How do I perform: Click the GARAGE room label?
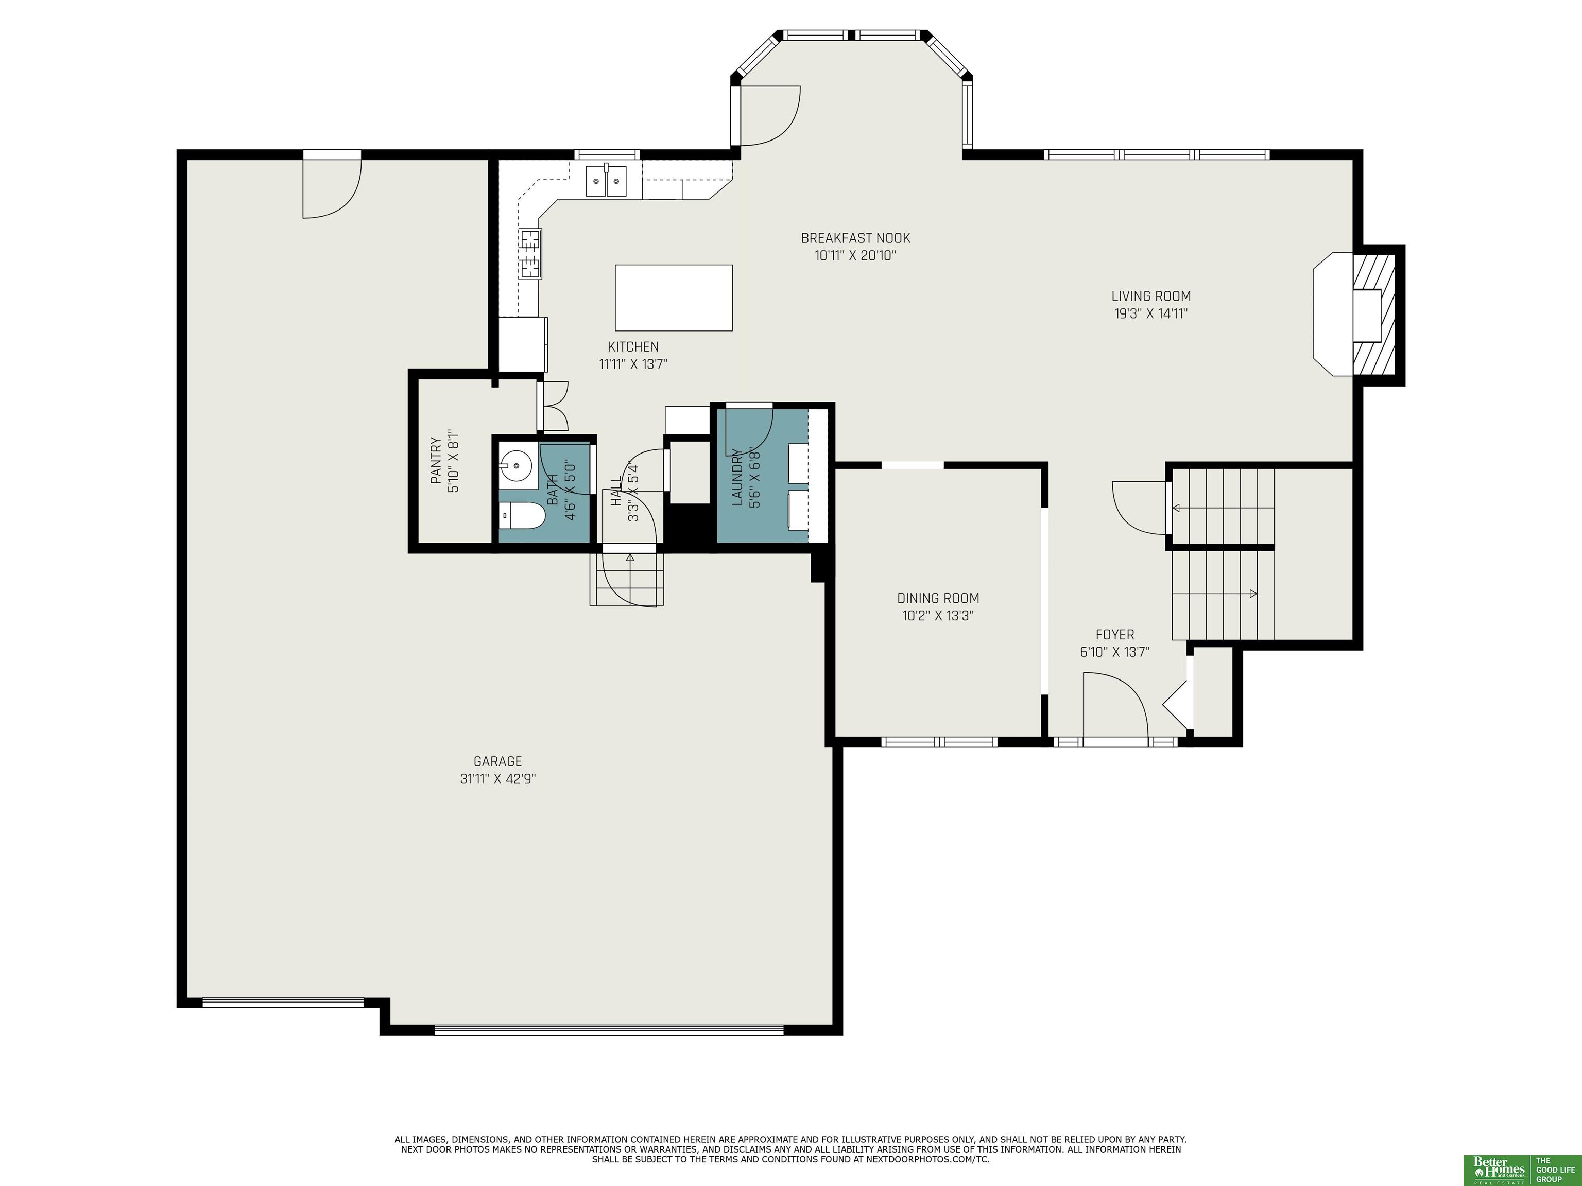pyautogui.click(x=498, y=761)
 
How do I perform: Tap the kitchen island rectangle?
pyautogui.click(x=674, y=298)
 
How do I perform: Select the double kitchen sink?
pyautogui.click(x=607, y=180)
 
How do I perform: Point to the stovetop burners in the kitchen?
pyautogui.click(x=530, y=253)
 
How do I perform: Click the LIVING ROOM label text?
pyautogui.click(x=1151, y=296)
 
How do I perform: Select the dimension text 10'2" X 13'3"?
pyautogui.click(x=938, y=616)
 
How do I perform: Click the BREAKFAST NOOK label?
pyautogui.click(x=855, y=238)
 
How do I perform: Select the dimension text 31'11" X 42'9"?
pyautogui.click(x=498, y=778)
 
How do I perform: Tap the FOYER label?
pyautogui.click(x=1115, y=635)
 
